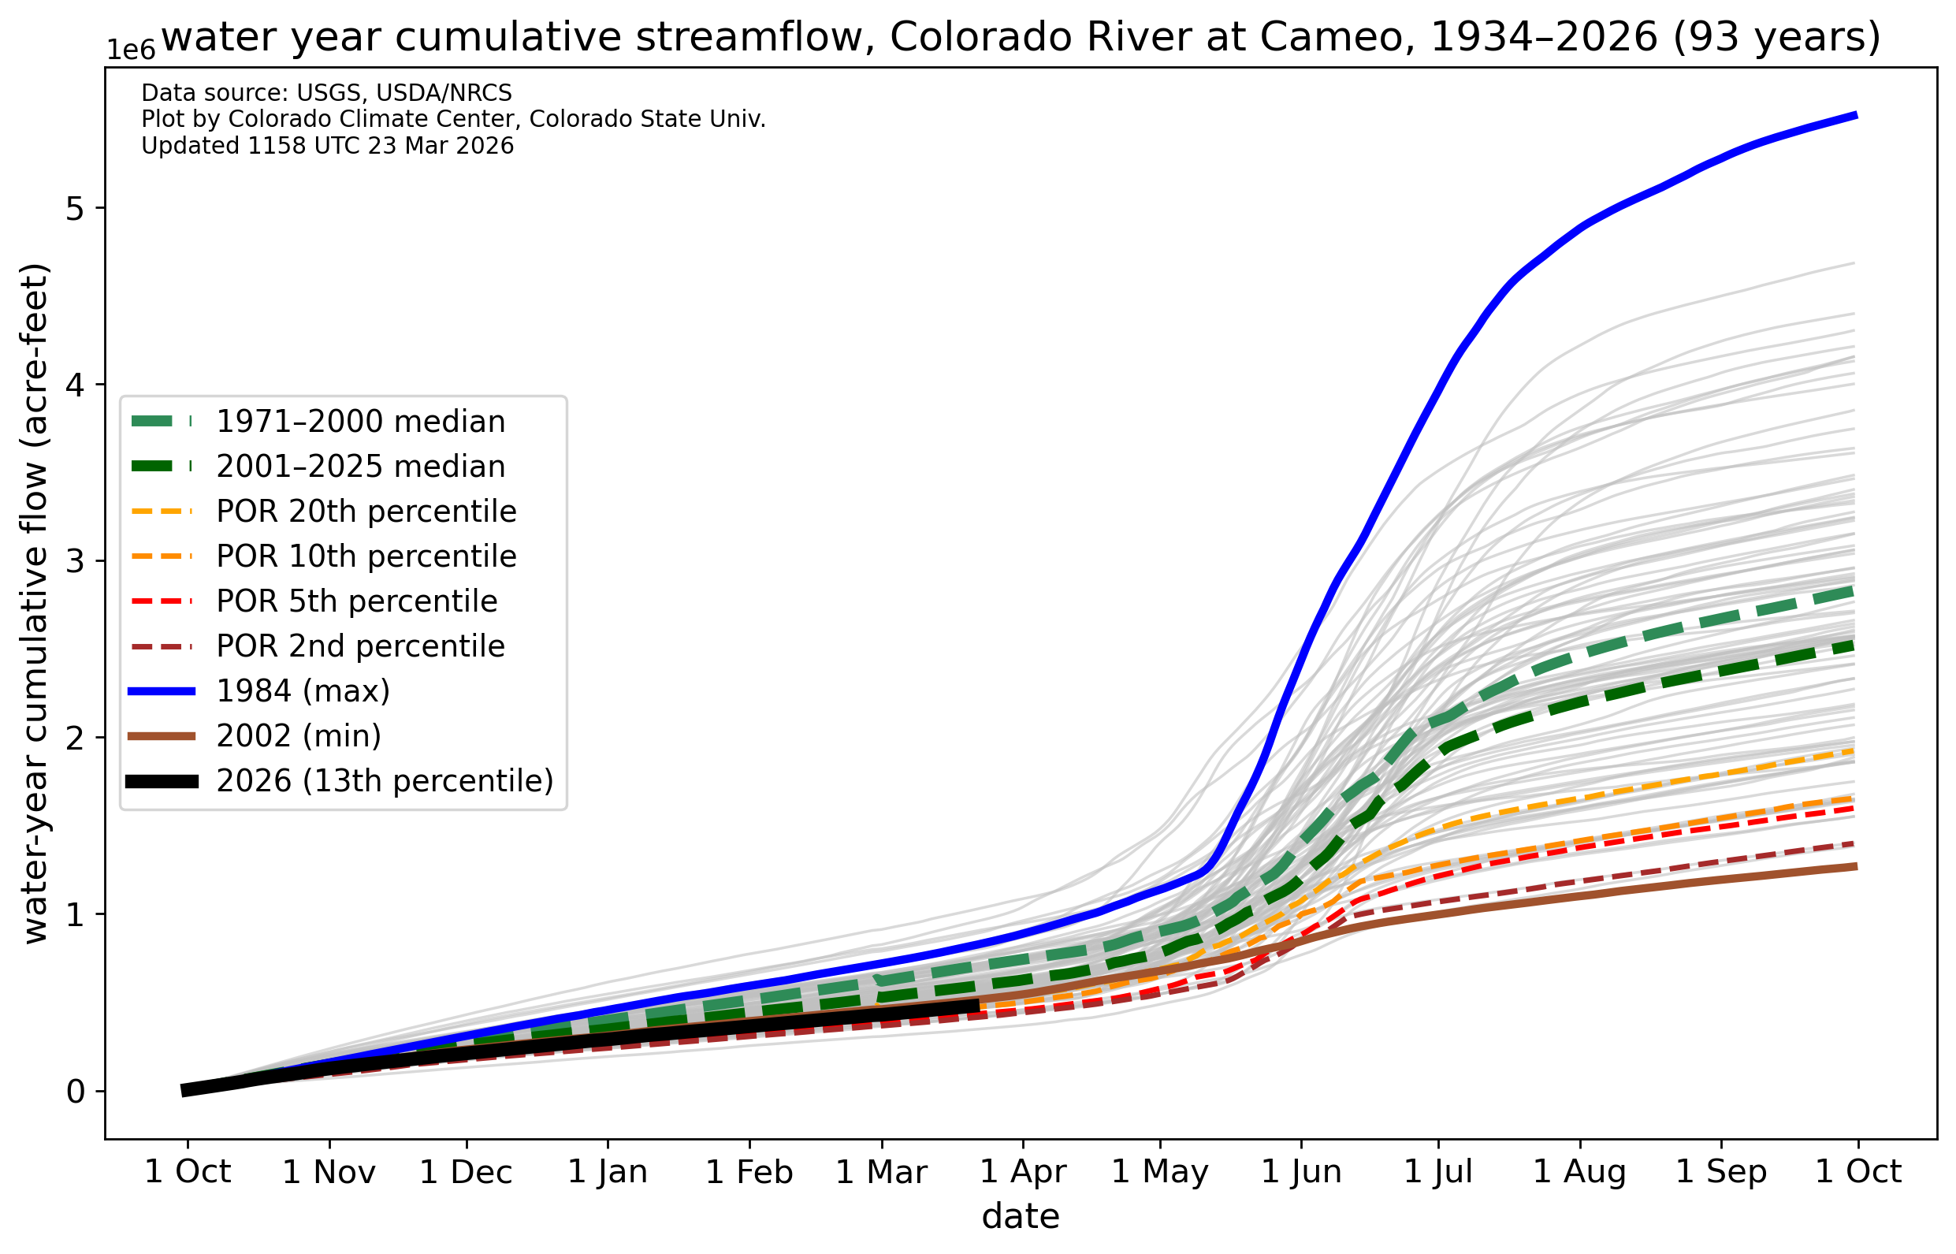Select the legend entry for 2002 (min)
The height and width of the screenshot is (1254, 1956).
click(x=298, y=736)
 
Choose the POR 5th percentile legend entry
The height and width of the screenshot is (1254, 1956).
click(x=356, y=601)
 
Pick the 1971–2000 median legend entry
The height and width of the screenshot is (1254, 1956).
click(x=361, y=422)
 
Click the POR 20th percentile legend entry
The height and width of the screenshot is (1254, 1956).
click(x=366, y=512)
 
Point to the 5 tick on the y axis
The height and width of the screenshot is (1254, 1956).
click(x=75, y=208)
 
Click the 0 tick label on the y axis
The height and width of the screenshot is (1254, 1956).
click(x=76, y=1092)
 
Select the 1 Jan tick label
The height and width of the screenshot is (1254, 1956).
click(x=608, y=1173)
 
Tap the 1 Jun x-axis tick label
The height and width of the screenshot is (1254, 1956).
click(x=1301, y=1173)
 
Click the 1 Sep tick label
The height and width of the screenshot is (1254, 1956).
click(x=1720, y=1173)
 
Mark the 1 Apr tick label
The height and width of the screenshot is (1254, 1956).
click(x=1022, y=1173)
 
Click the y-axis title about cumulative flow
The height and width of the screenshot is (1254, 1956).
click(x=35, y=605)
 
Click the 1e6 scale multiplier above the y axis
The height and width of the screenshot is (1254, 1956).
click(x=131, y=50)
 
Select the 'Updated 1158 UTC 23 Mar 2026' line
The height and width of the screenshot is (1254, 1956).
click(x=327, y=147)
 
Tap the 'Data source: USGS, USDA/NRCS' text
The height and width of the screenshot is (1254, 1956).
click(x=326, y=94)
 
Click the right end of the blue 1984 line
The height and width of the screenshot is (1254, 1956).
click(x=1856, y=116)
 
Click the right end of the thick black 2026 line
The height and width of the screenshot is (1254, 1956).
click(x=977, y=1007)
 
